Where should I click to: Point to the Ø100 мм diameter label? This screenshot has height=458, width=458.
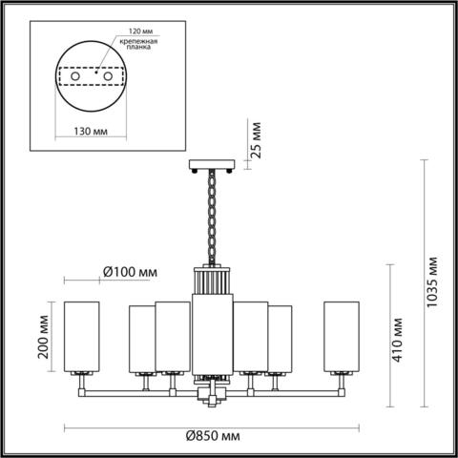pos(129,273)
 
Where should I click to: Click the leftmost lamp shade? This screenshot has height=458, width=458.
pos(81,337)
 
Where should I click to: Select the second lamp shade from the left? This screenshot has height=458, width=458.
pos(141,339)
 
